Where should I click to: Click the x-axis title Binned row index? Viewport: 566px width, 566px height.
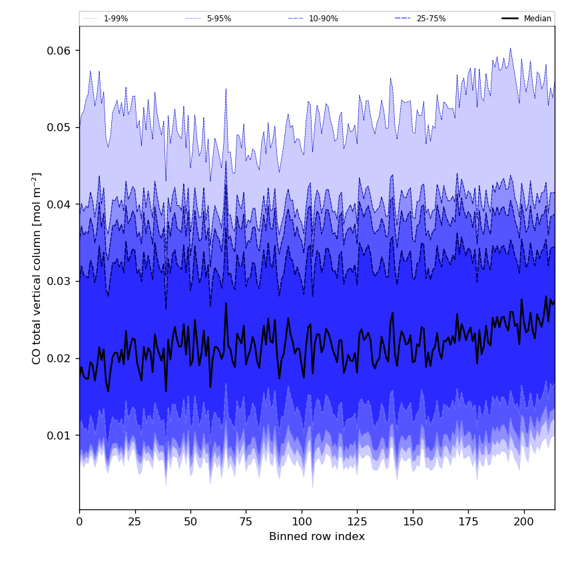click(x=317, y=537)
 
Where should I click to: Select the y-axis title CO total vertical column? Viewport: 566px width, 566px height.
click(x=37, y=268)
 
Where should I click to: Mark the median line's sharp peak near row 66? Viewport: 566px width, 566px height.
click(x=226, y=304)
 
